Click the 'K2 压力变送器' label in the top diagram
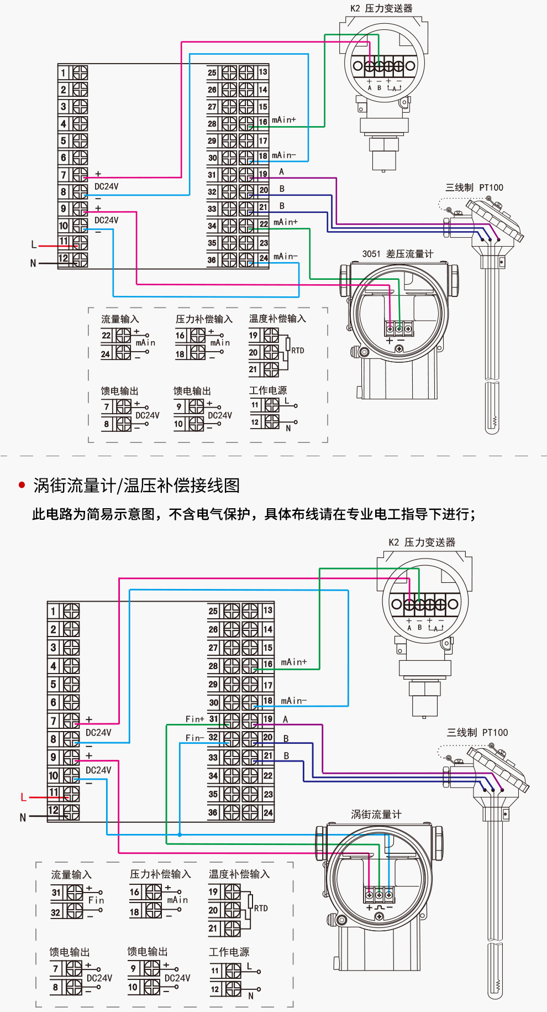coord(381,8)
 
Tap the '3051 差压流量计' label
coord(397,254)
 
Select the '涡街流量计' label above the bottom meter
coord(376,814)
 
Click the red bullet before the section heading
coord(22,485)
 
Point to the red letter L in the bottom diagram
coord(23,797)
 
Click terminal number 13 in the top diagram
coord(263,72)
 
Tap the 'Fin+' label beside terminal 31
coord(194,719)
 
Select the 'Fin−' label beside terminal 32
coord(194,738)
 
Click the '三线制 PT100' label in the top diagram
coord(474,187)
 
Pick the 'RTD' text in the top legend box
coord(297,351)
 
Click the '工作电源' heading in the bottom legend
coord(229,952)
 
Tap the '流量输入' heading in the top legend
coord(120,319)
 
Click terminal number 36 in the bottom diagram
coord(213,812)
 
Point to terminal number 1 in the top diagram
coord(64,73)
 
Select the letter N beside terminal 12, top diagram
coord(33,263)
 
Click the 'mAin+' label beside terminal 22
coord(285,222)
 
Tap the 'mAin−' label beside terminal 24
coord(285,257)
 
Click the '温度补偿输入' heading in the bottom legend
coord(239,874)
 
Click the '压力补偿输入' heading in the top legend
coord(204,319)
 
